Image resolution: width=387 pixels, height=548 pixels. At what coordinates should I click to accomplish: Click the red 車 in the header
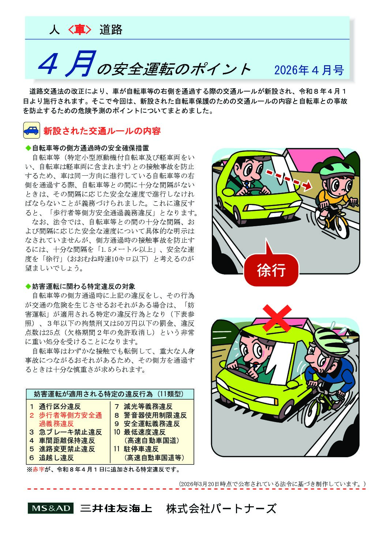point(79,30)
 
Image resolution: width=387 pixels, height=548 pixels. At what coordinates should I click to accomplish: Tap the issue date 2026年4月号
point(309,70)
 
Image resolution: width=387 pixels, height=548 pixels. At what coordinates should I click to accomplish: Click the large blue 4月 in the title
point(66,64)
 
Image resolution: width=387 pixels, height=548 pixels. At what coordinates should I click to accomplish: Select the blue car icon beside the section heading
point(31,130)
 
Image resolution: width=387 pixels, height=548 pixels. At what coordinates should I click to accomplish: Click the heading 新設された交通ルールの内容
point(102,131)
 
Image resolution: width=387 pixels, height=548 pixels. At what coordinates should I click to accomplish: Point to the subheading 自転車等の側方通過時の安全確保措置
point(90,148)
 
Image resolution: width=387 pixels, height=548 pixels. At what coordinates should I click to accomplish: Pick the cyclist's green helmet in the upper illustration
point(337,169)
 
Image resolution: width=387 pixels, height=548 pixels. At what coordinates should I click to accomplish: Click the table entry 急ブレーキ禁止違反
point(66,432)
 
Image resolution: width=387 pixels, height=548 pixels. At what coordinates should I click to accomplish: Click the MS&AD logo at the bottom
point(50,508)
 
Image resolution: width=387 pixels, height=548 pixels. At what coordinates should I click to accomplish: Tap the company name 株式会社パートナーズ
point(221,508)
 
